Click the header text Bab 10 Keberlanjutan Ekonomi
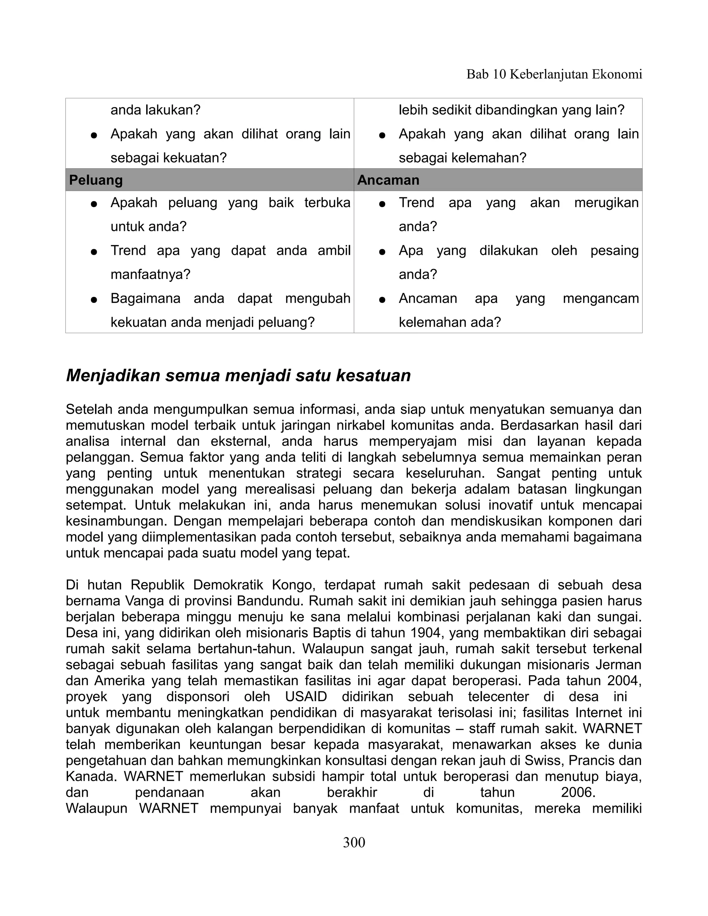tap(554, 74)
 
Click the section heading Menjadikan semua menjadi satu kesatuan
tap(238, 375)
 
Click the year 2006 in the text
tap(578, 792)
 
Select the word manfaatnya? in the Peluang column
tap(150, 274)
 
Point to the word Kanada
tap(91, 776)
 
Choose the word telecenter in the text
tap(498, 697)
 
